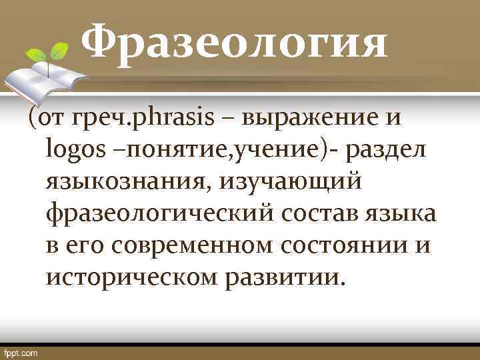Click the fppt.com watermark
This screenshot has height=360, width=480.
[x=21, y=352]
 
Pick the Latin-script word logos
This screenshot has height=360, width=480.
[x=72, y=150]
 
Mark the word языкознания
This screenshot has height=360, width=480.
[x=126, y=181]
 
